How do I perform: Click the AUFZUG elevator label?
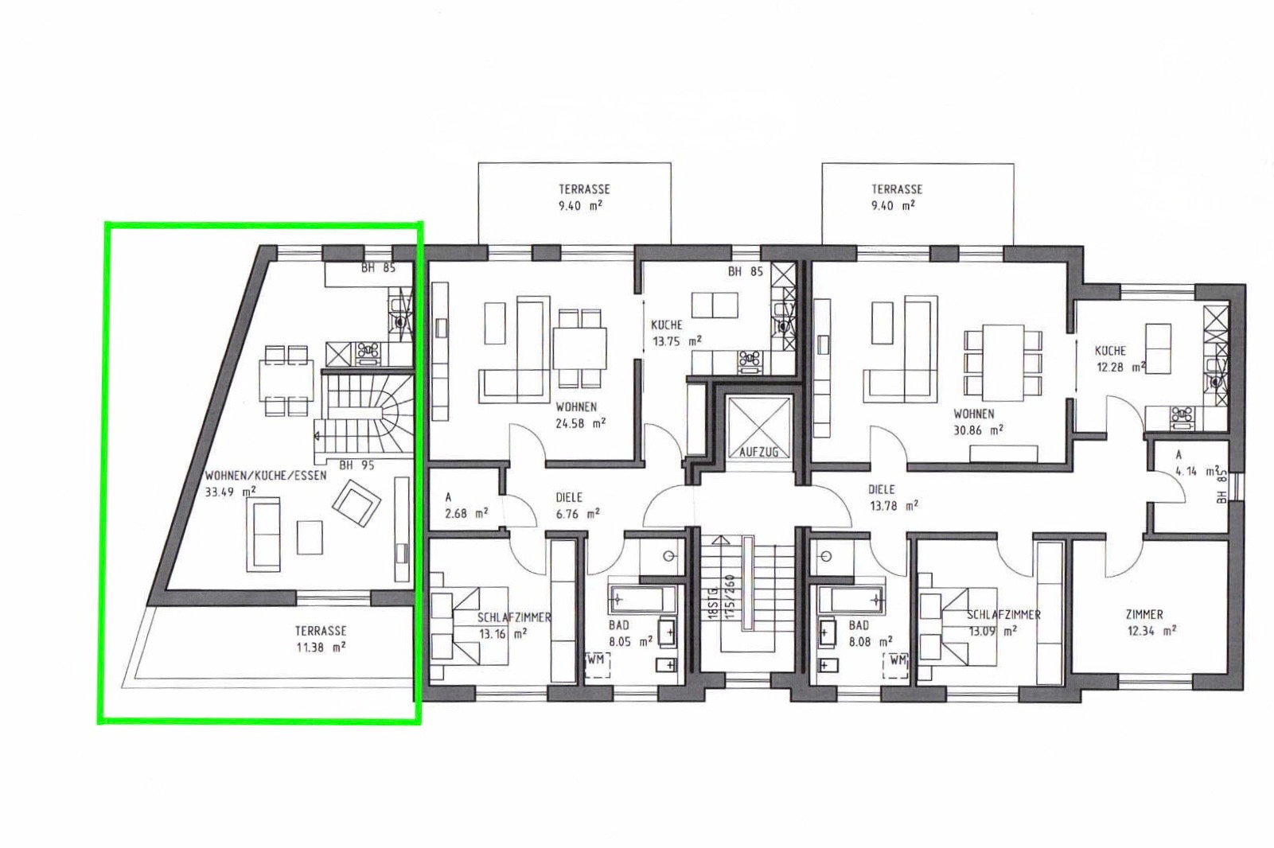pos(758,452)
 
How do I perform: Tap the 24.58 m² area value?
pos(580,423)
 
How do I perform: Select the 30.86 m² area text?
pos(978,430)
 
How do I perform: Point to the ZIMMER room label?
pos(1143,614)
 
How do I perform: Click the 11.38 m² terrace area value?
pos(321,648)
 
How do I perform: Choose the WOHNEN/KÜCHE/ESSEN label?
pos(266,476)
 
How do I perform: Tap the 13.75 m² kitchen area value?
pos(676,341)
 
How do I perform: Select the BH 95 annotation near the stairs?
pos(356,465)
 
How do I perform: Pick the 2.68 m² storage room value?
pos(466,513)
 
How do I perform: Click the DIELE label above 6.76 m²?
pos(569,498)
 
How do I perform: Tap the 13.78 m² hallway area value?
pos(893,505)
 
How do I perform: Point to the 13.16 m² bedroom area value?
pos(502,633)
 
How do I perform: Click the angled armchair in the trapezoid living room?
pos(356,504)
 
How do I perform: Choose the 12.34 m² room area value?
pos(1151,631)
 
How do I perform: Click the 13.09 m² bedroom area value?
pos(994,631)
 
